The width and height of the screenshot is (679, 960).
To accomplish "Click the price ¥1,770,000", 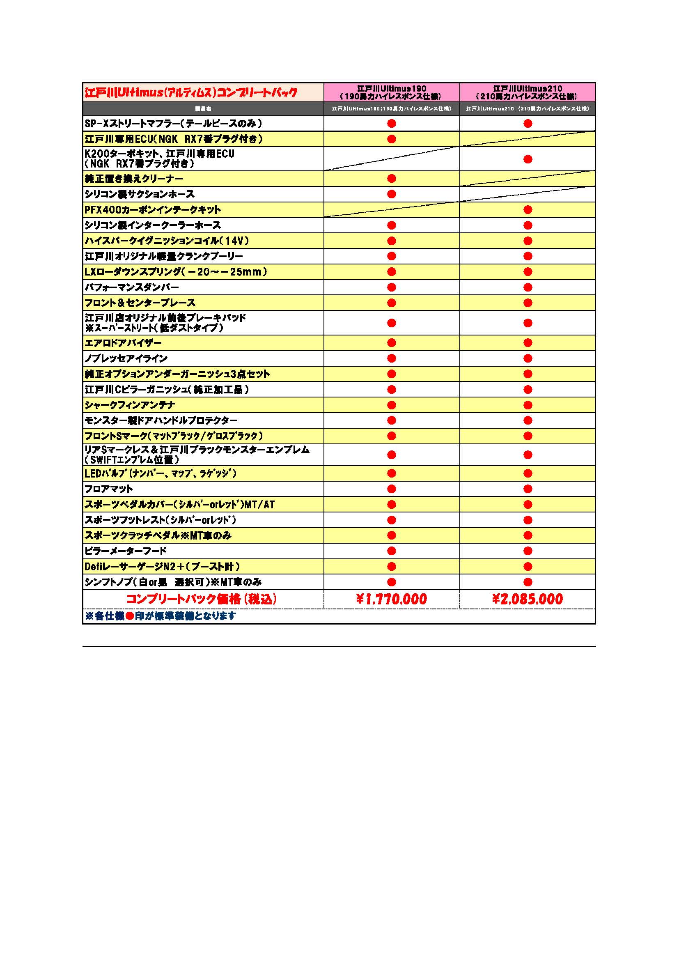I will point(391,599).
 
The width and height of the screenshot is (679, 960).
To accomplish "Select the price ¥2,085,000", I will point(527,599).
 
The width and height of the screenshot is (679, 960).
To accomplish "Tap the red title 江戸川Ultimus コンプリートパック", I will point(191,92).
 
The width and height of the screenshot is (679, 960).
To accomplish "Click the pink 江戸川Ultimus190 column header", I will point(391,92).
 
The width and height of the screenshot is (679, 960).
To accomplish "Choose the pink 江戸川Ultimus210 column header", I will point(527,92).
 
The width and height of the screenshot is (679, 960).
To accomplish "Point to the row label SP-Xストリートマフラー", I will point(174,123).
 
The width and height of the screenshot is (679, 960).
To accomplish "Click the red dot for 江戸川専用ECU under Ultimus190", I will point(391,139).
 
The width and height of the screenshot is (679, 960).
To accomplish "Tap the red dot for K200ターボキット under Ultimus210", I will point(528,159).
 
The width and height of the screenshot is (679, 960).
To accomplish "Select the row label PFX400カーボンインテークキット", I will point(153,209).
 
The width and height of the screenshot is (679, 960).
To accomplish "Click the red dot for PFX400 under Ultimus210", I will point(528,209).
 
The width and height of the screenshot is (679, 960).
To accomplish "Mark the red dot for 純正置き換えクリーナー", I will point(391,179).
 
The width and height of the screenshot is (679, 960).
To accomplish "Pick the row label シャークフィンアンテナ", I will point(130,405).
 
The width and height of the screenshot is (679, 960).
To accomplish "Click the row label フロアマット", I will point(109,489).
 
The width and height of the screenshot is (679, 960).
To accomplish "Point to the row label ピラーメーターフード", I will point(126,551).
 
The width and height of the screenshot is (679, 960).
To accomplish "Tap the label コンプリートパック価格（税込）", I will point(202,599).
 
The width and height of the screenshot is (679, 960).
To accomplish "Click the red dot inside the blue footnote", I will point(130,616).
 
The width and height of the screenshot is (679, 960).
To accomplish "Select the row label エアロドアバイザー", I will point(123,343).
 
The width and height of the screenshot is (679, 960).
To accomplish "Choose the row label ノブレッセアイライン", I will point(126,358).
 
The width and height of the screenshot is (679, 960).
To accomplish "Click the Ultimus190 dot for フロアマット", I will point(391,489).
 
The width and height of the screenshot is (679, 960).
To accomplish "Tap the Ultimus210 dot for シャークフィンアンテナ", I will point(528,405).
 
